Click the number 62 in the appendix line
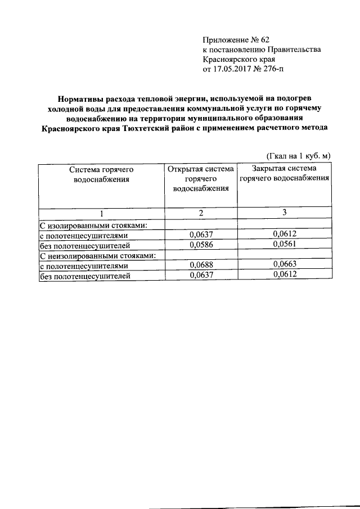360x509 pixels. [264, 39]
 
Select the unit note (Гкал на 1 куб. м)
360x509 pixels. [298, 155]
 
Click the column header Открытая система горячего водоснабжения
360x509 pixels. [200, 179]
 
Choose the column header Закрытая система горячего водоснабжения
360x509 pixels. [283, 174]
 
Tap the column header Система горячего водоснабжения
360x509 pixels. [101, 174]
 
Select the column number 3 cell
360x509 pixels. [283, 213]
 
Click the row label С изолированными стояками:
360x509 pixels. [93, 225]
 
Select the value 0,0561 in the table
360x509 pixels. [283, 245]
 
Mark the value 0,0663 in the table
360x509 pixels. [283, 265]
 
